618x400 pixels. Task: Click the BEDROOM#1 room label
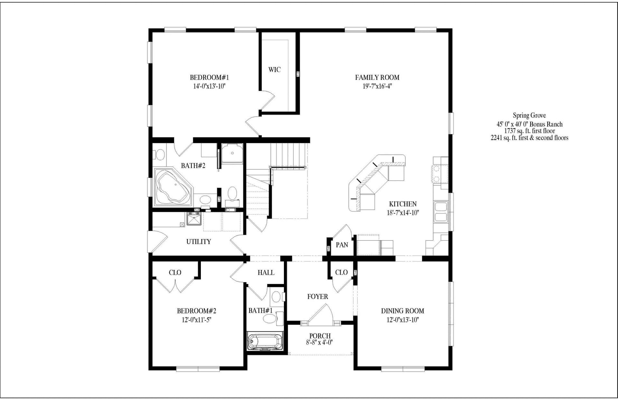209,78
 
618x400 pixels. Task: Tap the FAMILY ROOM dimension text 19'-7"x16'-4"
377,86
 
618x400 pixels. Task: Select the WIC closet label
274,70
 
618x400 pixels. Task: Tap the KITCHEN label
403,204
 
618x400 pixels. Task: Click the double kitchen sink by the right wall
441,212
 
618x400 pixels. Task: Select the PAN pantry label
342,245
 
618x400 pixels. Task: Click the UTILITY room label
199,242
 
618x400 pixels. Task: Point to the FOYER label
317,297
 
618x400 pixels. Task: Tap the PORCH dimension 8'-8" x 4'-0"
319,342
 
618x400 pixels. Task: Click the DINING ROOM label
402,311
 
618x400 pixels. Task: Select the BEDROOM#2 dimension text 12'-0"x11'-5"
196,320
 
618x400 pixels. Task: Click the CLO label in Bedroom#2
175,272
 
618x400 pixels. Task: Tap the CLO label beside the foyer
341,272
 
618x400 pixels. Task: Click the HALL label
266,273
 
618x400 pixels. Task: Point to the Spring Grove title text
529,115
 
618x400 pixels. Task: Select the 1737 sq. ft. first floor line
529,131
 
